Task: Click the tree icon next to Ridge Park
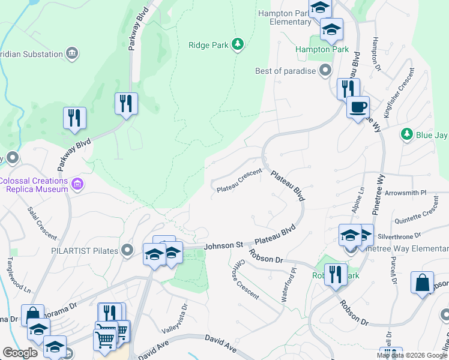click(238, 44)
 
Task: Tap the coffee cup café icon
click(359, 107)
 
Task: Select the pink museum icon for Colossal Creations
click(76, 184)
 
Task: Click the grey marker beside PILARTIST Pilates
click(127, 250)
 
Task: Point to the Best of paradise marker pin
click(325, 71)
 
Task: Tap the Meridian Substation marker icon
click(73, 54)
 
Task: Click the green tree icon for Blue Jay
click(407, 134)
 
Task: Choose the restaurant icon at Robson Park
click(336, 274)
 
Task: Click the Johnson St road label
click(223, 245)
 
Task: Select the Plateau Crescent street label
click(239, 180)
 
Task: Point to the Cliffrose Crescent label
click(245, 281)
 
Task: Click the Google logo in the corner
click(20, 353)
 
